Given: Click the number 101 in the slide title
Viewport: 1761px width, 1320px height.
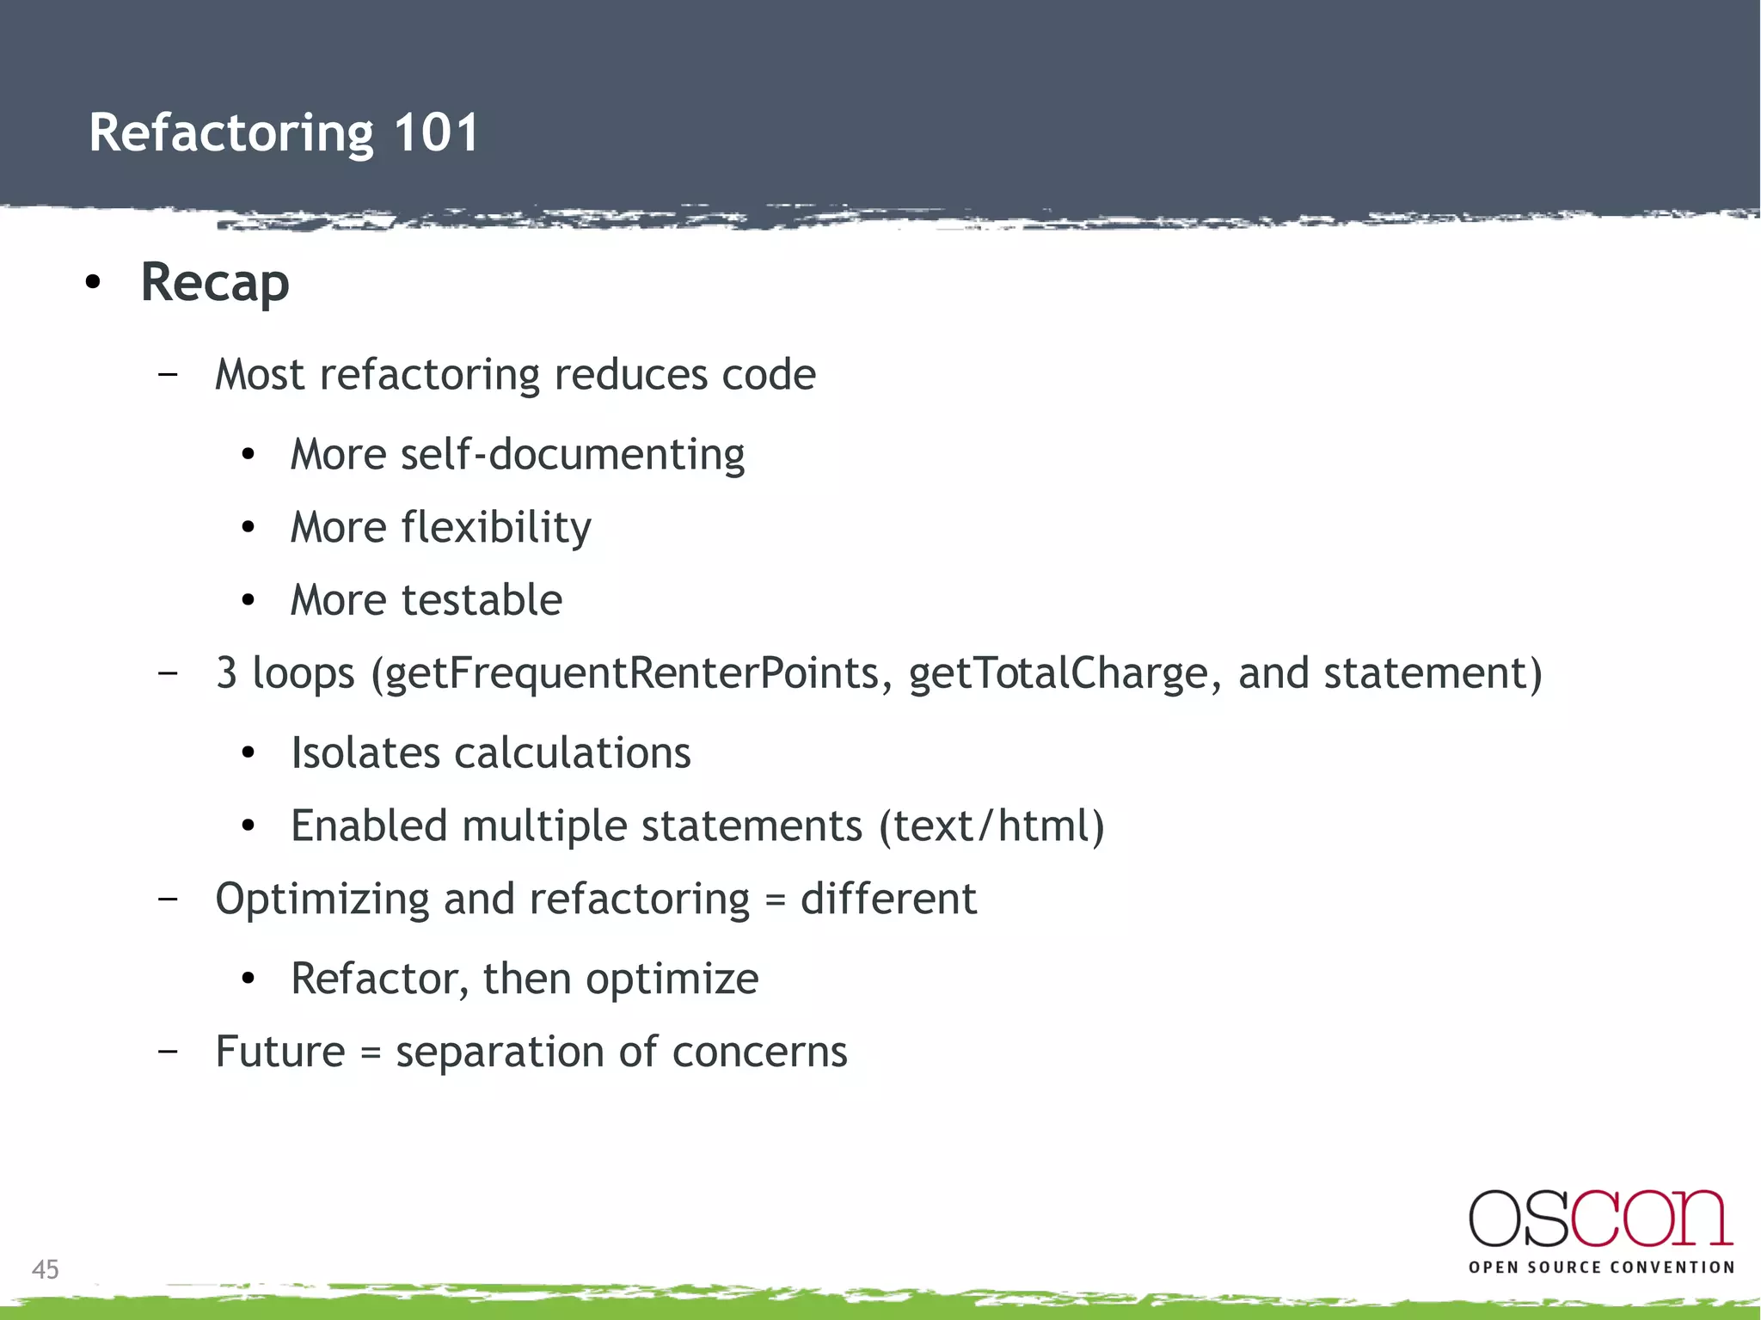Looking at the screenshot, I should [436, 133].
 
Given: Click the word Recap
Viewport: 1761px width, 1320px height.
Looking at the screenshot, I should [215, 283].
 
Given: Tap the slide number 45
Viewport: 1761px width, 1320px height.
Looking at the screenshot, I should [46, 1269].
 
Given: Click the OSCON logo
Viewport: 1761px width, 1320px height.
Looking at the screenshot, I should [1600, 1219].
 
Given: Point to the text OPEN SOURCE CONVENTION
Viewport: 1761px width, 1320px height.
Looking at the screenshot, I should [1601, 1268].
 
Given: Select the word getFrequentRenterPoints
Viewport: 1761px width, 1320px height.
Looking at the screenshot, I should [632, 673].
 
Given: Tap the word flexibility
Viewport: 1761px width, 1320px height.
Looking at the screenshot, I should [496, 527].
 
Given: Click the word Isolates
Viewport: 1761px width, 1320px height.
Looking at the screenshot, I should [365, 753].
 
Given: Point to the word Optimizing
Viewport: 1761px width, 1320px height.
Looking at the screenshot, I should [322, 900].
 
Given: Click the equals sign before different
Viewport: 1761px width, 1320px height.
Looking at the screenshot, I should [775, 900].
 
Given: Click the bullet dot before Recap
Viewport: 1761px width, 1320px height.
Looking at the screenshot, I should [94, 282].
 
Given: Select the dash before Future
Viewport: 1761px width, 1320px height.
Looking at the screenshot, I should [169, 1051].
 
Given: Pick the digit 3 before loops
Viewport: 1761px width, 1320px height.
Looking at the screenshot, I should [226, 673].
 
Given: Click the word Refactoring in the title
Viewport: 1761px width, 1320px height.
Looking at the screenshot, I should [231, 133].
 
